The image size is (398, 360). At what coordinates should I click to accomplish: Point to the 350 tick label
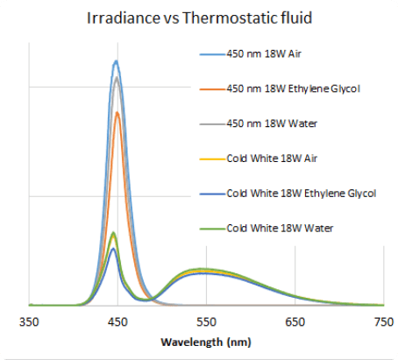(30, 322)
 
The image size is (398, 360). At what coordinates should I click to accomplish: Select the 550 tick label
(207, 322)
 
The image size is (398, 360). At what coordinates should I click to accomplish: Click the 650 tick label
(295, 322)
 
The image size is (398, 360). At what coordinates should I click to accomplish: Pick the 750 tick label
(383, 322)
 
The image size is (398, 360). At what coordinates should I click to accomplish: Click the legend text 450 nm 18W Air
(265, 54)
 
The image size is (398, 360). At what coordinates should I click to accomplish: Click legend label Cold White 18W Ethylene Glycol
(301, 193)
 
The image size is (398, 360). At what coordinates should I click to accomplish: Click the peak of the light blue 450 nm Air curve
(116, 61)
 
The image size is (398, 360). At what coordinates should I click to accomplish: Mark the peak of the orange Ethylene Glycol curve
(118, 112)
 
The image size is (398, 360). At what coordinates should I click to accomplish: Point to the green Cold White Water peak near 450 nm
(113, 233)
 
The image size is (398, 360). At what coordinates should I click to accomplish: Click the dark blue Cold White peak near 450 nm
(113, 249)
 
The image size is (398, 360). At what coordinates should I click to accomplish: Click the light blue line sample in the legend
(209, 54)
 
